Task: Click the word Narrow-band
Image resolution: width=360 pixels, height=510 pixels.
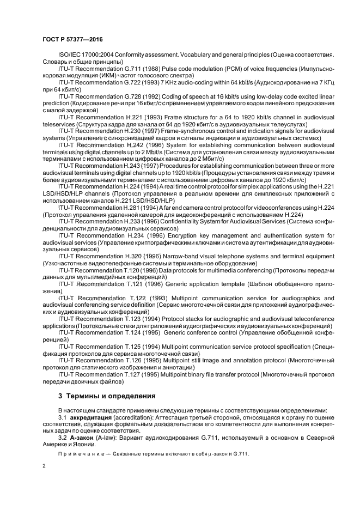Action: click(195, 256)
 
